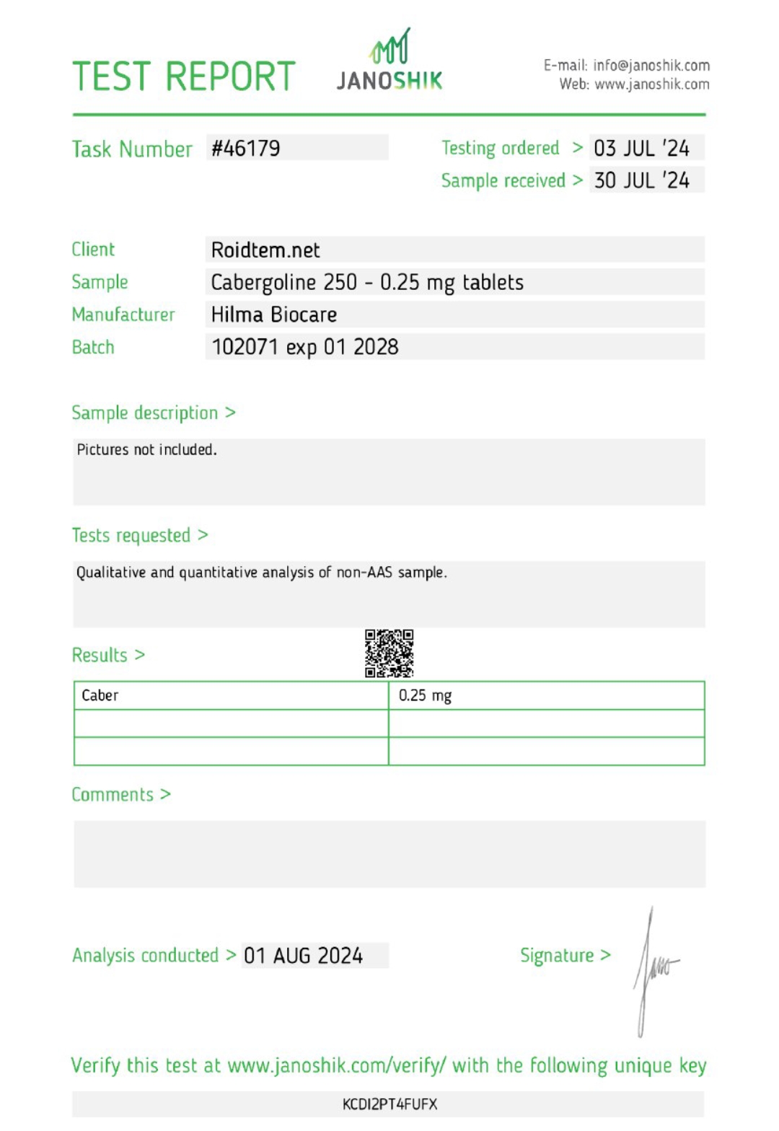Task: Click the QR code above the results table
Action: click(389, 653)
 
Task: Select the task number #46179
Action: click(246, 149)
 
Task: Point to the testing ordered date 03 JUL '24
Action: click(641, 149)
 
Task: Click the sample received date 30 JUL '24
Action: click(641, 180)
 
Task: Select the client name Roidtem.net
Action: click(265, 250)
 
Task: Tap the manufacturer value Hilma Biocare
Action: click(274, 315)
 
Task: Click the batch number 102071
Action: click(245, 348)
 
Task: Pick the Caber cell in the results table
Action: click(100, 696)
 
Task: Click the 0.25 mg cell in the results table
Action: click(425, 696)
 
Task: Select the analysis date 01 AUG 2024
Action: click(303, 956)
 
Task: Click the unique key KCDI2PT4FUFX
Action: click(389, 1104)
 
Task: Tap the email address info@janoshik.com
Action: click(651, 66)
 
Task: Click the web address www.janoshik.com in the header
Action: click(651, 84)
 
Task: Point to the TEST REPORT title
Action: click(184, 76)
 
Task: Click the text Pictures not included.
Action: click(146, 450)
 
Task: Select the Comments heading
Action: click(113, 795)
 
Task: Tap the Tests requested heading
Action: click(131, 536)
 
